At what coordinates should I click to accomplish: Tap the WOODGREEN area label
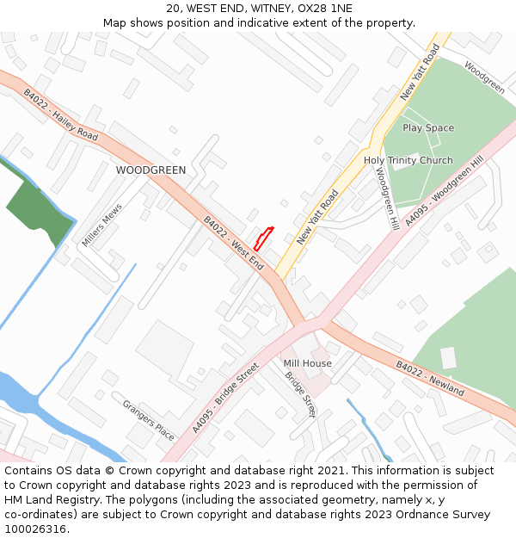tap(150, 170)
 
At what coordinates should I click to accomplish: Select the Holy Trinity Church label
tap(408, 161)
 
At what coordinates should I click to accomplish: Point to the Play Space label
tap(428, 128)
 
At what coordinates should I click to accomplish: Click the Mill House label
tap(307, 363)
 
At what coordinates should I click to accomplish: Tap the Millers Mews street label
tap(102, 226)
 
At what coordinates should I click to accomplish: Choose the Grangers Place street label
tap(148, 420)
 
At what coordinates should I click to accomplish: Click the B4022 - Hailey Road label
tap(60, 115)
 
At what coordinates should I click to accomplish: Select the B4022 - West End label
tap(233, 244)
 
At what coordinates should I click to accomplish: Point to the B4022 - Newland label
tap(430, 379)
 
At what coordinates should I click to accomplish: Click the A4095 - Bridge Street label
tap(225, 398)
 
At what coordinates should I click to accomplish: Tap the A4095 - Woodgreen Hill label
tap(445, 192)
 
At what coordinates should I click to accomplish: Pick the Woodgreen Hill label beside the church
tap(384, 197)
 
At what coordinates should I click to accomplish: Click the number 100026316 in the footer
tap(36, 529)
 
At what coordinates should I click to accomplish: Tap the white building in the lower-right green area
tap(448, 357)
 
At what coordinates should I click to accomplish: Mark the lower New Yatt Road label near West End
tap(317, 217)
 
